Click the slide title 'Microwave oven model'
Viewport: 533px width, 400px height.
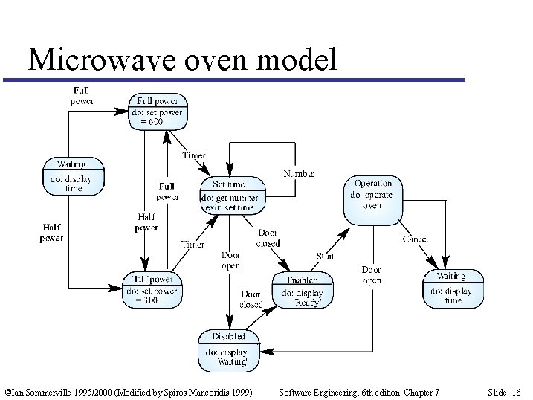tap(181, 59)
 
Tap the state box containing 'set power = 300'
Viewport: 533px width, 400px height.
tap(151, 290)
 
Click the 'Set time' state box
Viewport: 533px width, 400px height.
tap(229, 194)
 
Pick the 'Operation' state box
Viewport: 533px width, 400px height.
tap(372, 199)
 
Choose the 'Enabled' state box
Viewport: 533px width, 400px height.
tap(303, 291)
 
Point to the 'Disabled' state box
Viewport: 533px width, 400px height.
tap(230, 349)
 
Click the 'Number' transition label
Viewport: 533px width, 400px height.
tap(299, 173)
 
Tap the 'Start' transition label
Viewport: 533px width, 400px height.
tap(325, 256)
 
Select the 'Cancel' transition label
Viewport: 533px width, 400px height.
tap(415, 239)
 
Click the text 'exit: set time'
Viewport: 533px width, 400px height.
tap(229, 207)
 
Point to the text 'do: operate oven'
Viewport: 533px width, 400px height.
tap(372, 199)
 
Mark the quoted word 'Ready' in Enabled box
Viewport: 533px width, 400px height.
tap(303, 301)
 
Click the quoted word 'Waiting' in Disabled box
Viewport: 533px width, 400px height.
tap(230, 361)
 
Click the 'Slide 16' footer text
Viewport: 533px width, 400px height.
tap(505, 391)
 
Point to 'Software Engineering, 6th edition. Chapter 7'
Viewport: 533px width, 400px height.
tap(358, 391)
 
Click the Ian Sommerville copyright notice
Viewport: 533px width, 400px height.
tap(128, 391)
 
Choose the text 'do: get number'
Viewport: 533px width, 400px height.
tap(230, 198)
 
